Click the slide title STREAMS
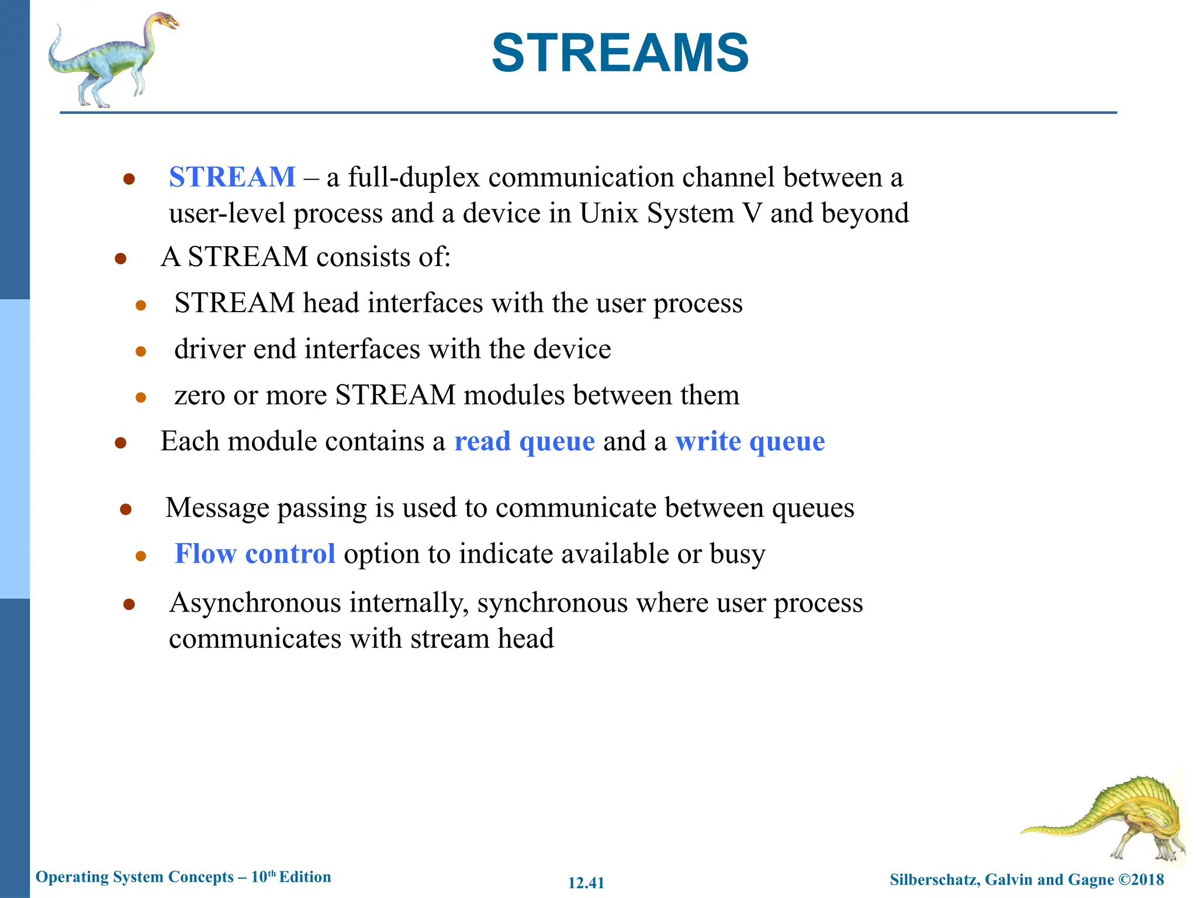620,53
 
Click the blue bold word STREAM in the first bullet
232,177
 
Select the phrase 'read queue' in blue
524,441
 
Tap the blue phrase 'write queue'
750,441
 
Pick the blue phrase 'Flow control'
255,554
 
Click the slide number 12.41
586,883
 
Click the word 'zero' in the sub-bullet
199,396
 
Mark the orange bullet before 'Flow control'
140,555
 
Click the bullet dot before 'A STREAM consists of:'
121,258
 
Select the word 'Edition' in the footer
305,877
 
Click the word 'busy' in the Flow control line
737,554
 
